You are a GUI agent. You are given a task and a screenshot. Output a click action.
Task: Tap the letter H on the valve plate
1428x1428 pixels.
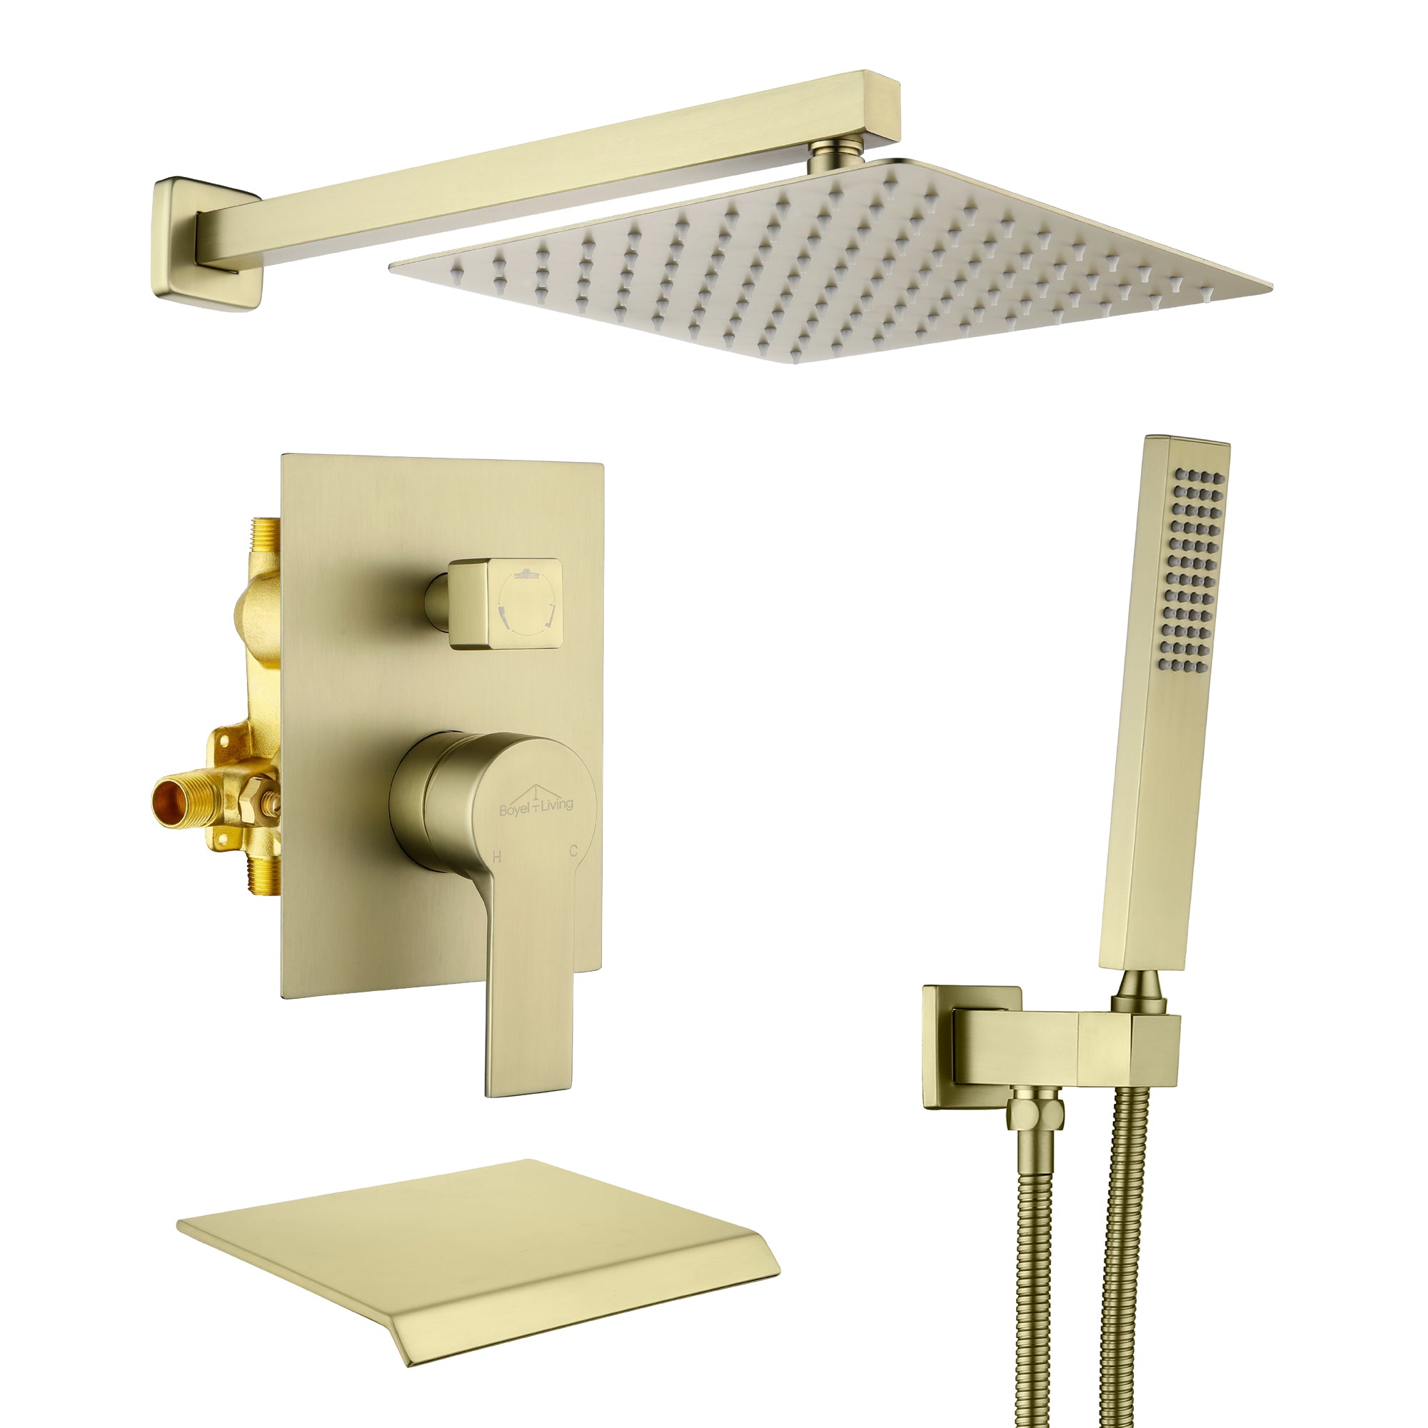click(x=498, y=858)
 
